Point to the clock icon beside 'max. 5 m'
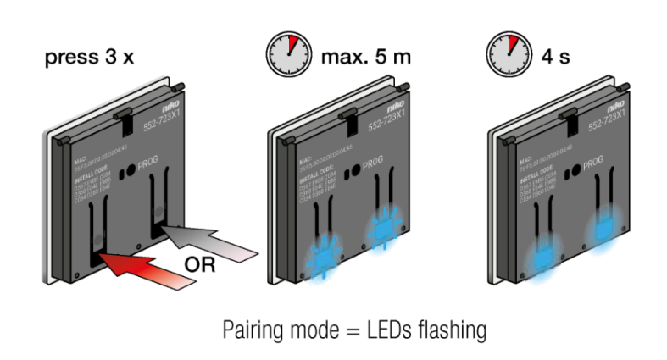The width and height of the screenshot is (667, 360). (284, 58)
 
